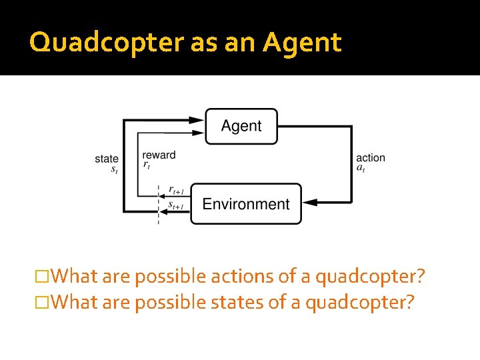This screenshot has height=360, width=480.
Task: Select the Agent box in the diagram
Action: (241, 126)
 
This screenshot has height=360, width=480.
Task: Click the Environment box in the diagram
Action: (245, 204)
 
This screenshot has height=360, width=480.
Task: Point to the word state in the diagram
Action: (107, 159)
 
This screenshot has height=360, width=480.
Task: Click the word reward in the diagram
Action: (159, 155)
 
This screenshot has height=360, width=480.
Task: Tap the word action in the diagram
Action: (371, 158)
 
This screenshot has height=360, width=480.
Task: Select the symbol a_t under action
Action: (360, 168)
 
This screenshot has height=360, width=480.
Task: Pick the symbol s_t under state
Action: (114, 169)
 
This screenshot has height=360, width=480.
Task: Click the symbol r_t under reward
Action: (146, 165)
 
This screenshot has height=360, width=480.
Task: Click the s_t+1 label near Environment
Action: (175, 205)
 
